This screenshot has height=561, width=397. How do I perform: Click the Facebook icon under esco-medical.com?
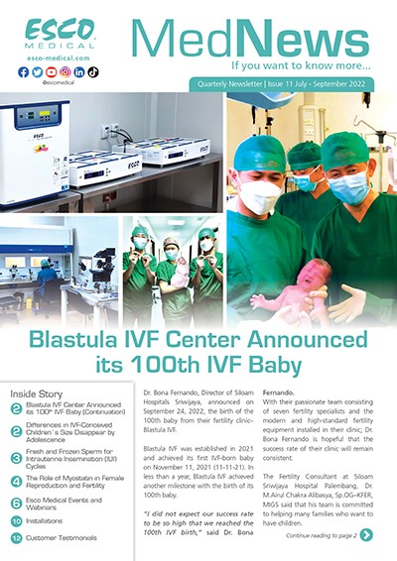(x=24, y=72)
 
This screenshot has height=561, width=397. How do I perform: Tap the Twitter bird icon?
(x=38, y=72)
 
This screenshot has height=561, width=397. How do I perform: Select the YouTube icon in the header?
(x=52, y=72)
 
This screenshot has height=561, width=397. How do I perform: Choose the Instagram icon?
(x=66, y=72)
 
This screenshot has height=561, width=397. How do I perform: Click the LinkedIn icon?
(x=79, y=72)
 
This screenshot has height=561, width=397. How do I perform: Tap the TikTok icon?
(x=93, y=72)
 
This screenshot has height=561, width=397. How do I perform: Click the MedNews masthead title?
(x=254, y=37)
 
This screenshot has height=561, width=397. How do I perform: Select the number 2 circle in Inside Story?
(x=16, y=408)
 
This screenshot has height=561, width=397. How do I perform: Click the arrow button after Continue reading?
(x=366, y=535)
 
